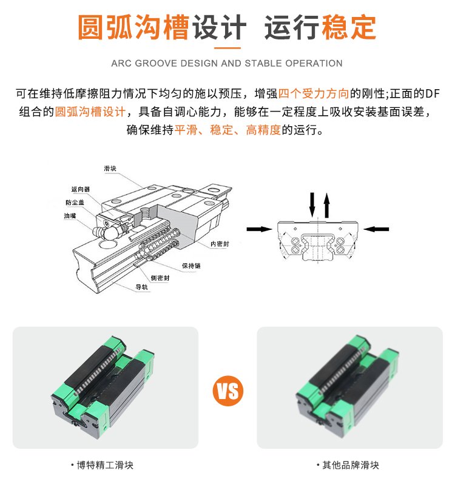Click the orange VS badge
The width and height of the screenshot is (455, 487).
(228, 391)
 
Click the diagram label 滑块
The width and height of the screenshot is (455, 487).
(110, 169)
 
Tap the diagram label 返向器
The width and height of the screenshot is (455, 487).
(81, 189)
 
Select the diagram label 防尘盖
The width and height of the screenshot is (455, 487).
(75, 203)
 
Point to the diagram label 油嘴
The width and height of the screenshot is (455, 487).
(70, 215)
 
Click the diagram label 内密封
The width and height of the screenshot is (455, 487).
(220, 244)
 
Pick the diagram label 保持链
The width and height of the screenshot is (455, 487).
(191, 266)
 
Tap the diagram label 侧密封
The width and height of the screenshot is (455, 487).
(160, 278)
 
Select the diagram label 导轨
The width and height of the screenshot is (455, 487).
(141, 287)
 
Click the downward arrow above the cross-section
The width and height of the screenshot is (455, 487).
(312, 204)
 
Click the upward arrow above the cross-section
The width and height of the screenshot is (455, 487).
(326, 206)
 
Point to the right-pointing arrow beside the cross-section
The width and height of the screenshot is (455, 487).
(259, 229)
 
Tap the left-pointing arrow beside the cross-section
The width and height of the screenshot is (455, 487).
(376, 229)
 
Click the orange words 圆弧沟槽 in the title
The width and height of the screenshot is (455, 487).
(133, 27)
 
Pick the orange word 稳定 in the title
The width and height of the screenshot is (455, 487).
(348, 27)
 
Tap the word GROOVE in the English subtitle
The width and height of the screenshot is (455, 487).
(157, 63)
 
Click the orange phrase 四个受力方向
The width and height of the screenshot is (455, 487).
(314, 93)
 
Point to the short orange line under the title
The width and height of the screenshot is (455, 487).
(227, 48)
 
